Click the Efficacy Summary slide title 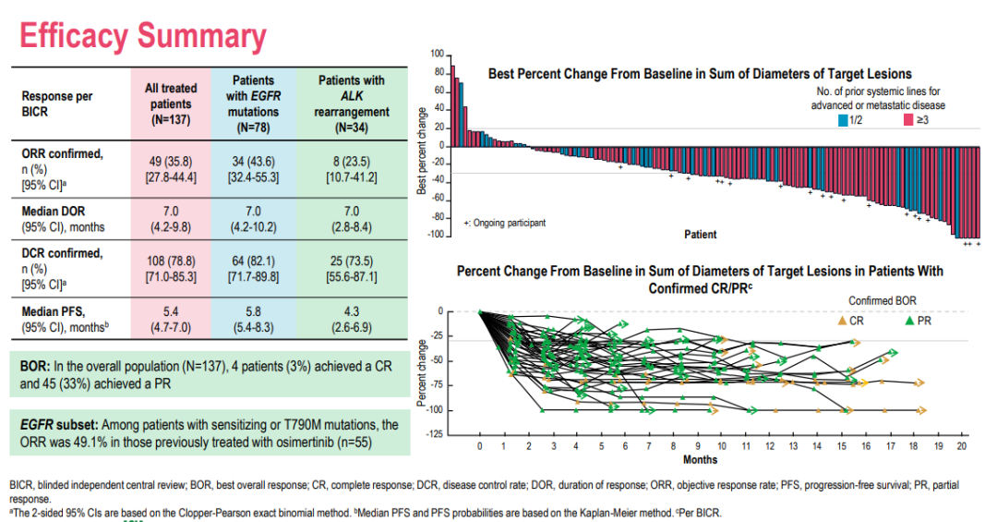pos(142,36)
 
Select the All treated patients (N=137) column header pos(171,103)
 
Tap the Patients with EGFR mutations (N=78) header pos(253,103)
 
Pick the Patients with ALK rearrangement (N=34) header pos(352,103)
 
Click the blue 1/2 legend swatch pos(843,120)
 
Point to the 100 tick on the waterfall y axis pos(437,55)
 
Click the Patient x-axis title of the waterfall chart pos(700,235)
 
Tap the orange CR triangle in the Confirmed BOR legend pos(841,321)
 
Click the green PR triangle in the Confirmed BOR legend pos(910,321)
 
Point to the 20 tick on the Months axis pos(963,446)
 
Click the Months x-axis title pos(700,459)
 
